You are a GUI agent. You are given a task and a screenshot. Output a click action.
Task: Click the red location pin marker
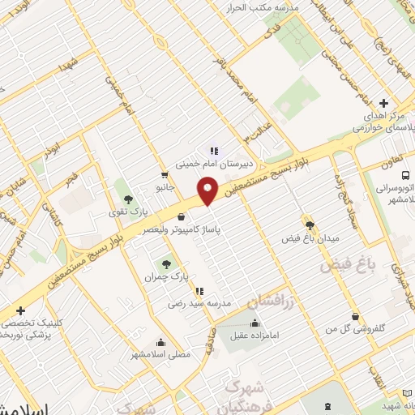(208, 191)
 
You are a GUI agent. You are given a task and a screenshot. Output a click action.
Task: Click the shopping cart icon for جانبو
(165, 174)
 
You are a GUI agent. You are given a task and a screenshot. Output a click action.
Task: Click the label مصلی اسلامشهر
(160, 354)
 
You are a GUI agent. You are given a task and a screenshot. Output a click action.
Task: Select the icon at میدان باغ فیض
(309, 224)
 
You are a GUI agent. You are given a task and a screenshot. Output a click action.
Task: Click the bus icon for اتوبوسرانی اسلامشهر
(407, 174)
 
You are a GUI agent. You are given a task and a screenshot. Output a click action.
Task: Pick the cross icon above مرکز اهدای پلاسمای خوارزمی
(384, 103)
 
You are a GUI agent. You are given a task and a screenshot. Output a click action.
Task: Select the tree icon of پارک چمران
(167, 263)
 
